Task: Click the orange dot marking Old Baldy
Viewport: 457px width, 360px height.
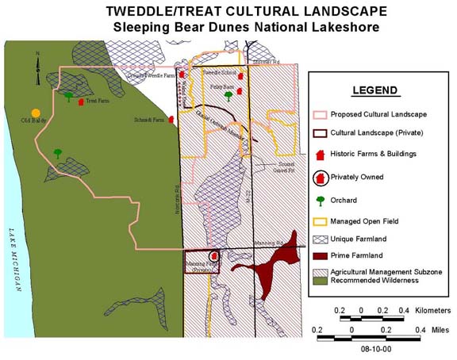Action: click(36, 113)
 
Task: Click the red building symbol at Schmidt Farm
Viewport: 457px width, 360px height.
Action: click(171, 119)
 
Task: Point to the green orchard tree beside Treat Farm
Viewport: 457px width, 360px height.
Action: click(70, 96)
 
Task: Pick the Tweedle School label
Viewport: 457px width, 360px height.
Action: click(217, 72)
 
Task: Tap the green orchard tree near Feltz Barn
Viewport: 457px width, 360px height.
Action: click(228, 95)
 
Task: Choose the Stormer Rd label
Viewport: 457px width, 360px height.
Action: click(266, 61)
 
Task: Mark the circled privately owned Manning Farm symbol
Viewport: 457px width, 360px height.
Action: click(213, 256)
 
